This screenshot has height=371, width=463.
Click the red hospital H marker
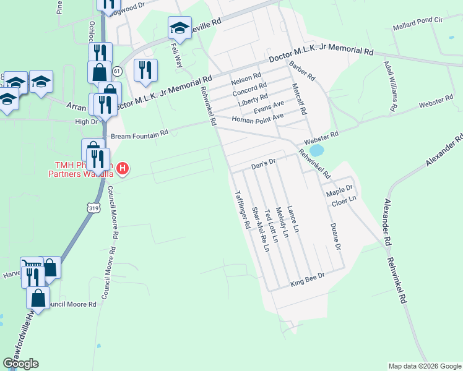click(x=123, y=168)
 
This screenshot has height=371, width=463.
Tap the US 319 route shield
click(x=93, y=208)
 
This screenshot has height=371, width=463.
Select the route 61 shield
click(x=118, y=72)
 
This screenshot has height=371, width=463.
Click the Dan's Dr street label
click(x=262, y=165)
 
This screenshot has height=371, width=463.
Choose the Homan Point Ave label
click(x=257, y=117)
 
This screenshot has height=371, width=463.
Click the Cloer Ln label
click(x=344, y=200)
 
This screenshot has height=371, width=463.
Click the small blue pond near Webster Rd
click(x=316, y=150)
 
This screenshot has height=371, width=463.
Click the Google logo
click(x=20, y=364)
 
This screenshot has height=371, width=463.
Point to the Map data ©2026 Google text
click(x=424, y=366)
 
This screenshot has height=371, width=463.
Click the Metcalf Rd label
click(x=299, y=100)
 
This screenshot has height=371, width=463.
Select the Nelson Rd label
click(x=242, y=80)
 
